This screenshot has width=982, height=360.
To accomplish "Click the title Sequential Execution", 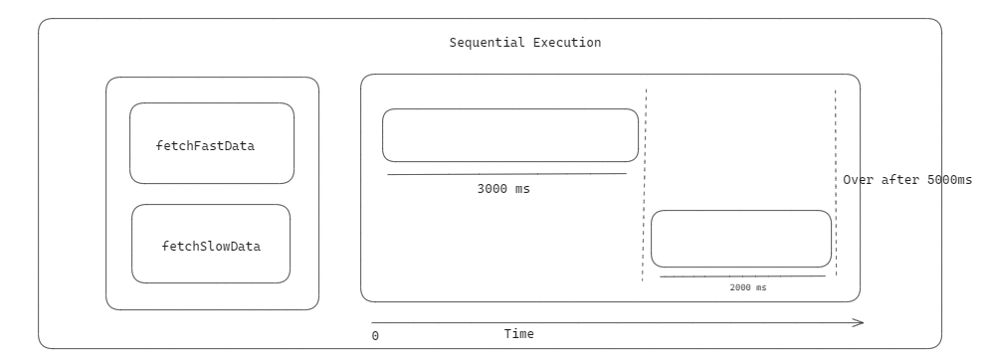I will [x=524, y=43].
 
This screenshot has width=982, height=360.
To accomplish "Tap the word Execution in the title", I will [x=567, y=43].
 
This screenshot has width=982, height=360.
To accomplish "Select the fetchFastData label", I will [x=205, y=145].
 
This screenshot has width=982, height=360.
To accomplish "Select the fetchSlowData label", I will [x=211, y=246].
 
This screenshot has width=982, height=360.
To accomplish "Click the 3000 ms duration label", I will [x=503, y=188].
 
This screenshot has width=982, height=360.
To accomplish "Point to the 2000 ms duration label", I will [x=748, y=287].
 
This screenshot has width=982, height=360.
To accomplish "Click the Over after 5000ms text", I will [x=906, y=180].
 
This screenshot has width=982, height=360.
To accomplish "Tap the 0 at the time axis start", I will [x=375, y=336].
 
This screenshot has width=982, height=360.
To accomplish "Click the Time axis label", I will [x=518, y=334].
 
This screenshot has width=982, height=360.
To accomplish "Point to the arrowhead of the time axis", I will [x=859, y=321].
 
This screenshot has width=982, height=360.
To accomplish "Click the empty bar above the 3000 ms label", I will [x=510, y=135].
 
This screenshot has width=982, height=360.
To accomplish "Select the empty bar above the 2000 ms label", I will [x=741, y=239].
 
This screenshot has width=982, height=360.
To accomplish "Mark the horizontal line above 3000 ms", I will [x=507, y=174].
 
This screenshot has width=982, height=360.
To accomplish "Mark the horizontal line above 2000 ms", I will [x=742, y=275].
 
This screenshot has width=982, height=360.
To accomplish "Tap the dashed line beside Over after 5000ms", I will [x=836, y=139].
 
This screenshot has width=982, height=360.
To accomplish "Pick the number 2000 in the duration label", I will [x=741, y=287].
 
